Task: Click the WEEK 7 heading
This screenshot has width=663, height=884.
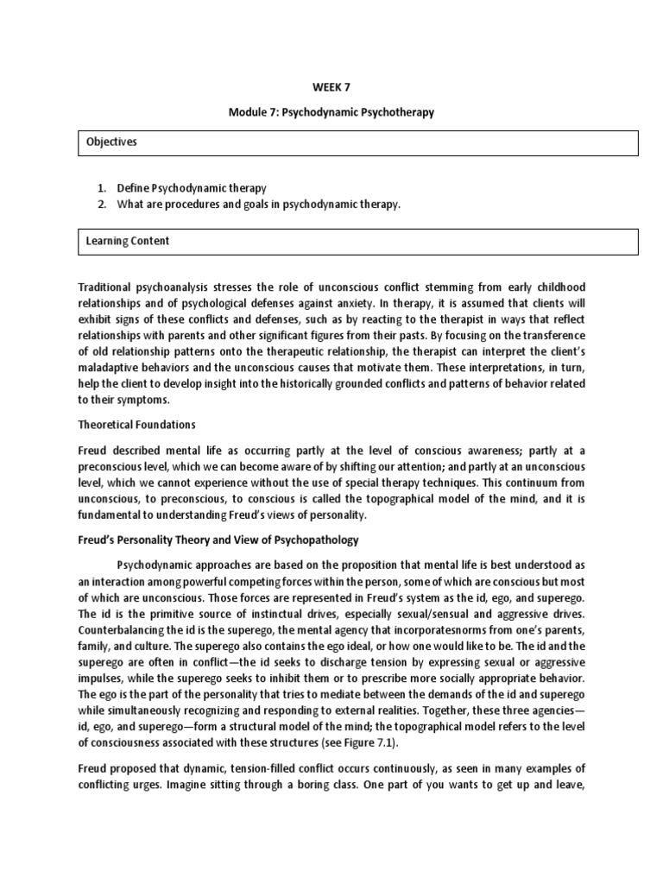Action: [x=331, y=87]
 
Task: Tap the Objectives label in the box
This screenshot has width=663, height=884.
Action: [x=110, y=142]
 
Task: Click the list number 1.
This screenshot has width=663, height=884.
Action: [x=101, y=187]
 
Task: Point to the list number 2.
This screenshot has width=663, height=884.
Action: [x=101, y=203]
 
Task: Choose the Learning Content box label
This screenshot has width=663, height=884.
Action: [x=127, y=241]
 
